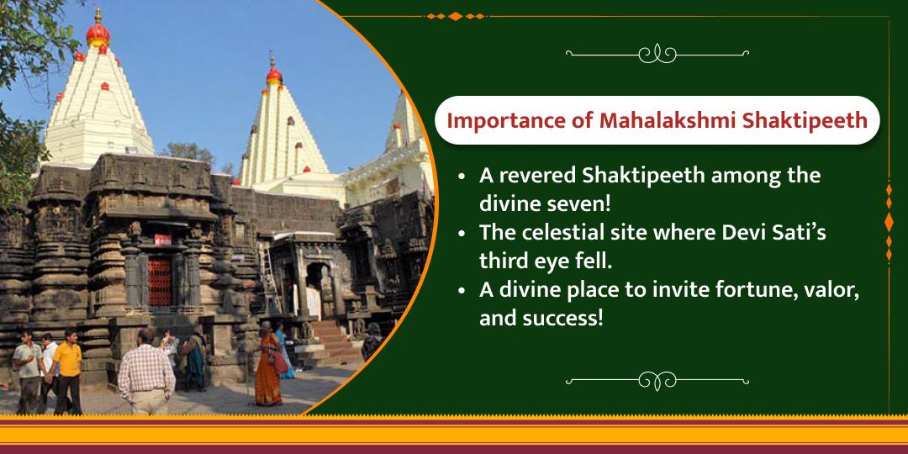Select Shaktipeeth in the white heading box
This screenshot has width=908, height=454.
pyautogui.click(x=804, y=121)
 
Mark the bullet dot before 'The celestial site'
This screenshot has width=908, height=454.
pyautogui.click(x=462, y=234)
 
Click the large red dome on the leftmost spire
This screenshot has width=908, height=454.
pyautogui.click(x=98, y=34)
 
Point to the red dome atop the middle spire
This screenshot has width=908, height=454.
pyautogui.click(x=274, y=77)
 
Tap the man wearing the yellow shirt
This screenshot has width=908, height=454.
pyautogui.click(x=68, y=375)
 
